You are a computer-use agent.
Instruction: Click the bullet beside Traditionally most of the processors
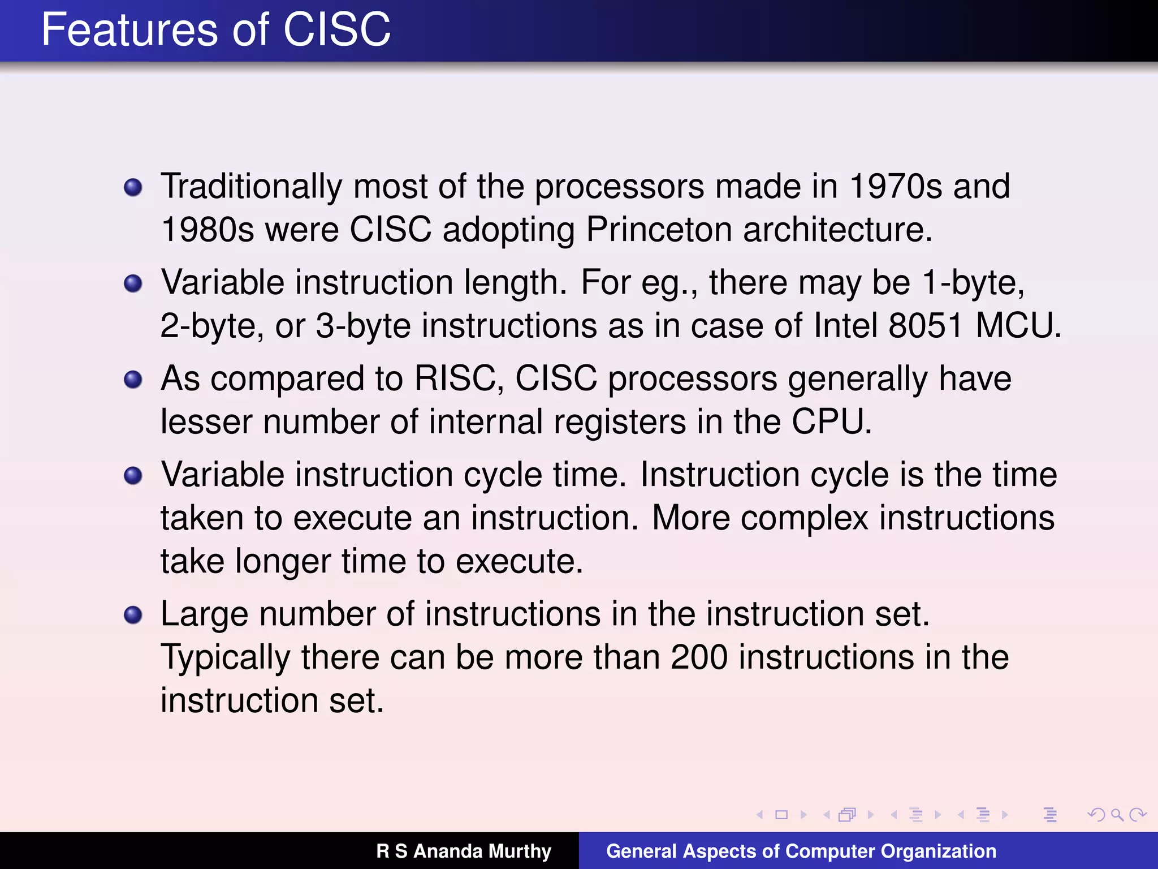pyautogui.click(x=133, y=187)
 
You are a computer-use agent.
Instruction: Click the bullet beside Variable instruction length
pyautogui.click(x=133, y=283)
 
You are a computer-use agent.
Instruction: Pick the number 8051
pyautogui.click(x=925, y=326)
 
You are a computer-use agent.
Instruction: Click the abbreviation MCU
pyautogui.click(x=1018, y=326)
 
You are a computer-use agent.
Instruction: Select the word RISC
pyautogui.click(x=459, y=378)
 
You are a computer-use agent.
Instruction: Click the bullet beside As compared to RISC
pyautogui.click(x=133, y=379)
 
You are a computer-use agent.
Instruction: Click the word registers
pyautogui.click(x=619, y=423)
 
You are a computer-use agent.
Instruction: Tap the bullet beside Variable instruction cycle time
pyautogui.click(x=133, y=475)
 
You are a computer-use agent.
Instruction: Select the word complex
pyautogui.click(x=804, y=518)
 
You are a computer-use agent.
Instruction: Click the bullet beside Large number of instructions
pyautogui.click(x=133, y=615)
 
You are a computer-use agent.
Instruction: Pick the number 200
pyautogui.click(x=699, y=657)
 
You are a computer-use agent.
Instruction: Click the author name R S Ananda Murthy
pyautogui.click(x=464, y=851)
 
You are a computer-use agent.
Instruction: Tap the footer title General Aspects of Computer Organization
pyautogui.click(x=801, y=851)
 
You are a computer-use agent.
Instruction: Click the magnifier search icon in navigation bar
pyautogui.click(x=1117, y=815)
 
